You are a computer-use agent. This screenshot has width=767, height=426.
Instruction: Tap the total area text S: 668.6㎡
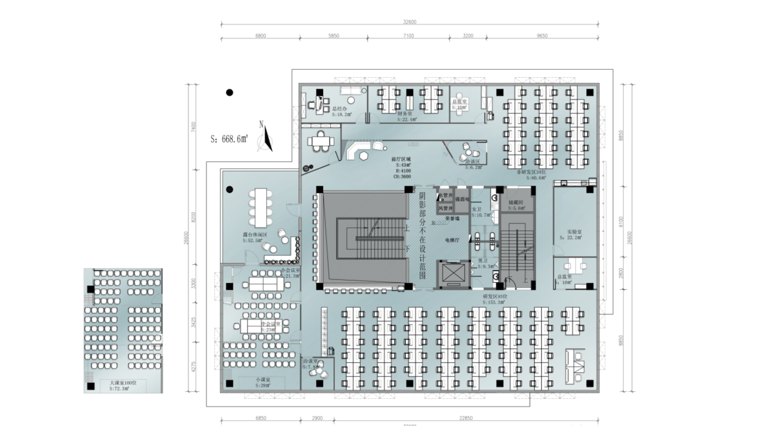pyautogui.click(x=230, y=139)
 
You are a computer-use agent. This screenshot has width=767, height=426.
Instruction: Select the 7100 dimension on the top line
pyautogui.click(x=408, y=36)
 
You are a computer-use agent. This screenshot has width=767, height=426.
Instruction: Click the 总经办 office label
pyautogui.click(x=339, y=109)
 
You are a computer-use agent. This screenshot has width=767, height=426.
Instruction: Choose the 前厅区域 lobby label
pyautogui.click(x=401, y=159)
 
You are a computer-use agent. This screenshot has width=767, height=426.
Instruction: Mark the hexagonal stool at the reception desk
pyautogui.click(x=363, y=155)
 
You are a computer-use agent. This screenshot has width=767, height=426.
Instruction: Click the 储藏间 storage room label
pyautogui.click(x=516, y=203)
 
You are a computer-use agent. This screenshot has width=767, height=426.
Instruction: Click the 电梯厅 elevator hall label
pyautogui.click(x=453, y=241)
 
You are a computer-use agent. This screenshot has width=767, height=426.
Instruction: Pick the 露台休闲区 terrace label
pyautogui.click(x=255, y=234)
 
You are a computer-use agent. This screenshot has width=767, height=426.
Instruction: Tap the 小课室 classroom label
pyautogui.click(x=262, y=380)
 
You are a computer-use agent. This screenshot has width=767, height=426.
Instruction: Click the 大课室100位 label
pyautogui.click(x=123, y=383)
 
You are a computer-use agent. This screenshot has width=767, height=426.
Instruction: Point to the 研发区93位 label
pyautogui.click(x=493, y=296)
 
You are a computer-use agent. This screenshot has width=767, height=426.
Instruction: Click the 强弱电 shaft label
pyautogui.click(x=461, y=199)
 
